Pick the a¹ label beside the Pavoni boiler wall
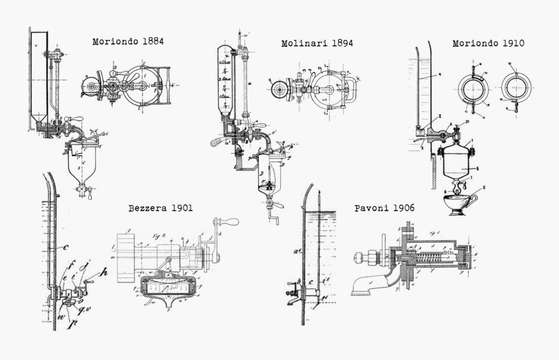coord(297,249)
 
